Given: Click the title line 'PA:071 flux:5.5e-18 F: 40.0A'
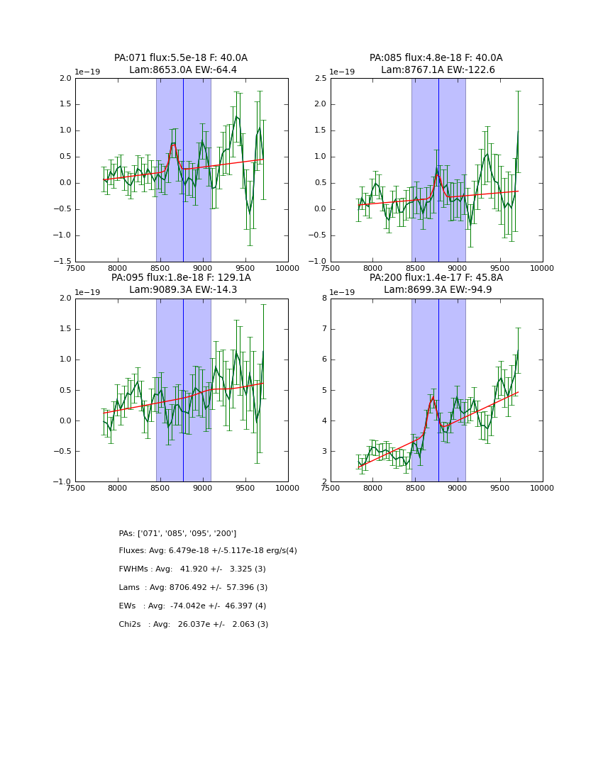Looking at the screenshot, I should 181,58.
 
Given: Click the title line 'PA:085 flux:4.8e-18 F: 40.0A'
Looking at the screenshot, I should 436,58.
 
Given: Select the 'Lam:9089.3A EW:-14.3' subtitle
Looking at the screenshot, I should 181,290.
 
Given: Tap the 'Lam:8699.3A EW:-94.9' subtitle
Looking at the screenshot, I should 436,290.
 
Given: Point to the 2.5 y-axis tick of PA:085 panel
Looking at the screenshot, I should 320,79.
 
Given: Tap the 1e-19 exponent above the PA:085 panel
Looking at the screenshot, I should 343,72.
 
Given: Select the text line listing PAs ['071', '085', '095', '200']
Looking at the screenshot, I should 177,533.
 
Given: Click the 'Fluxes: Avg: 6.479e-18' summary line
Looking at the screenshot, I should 208,551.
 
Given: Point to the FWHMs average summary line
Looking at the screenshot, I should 192,569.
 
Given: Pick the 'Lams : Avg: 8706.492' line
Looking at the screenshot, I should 193,588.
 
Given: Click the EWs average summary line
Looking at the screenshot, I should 192,606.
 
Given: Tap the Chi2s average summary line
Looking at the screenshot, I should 193,625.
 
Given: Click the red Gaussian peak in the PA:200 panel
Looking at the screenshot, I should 432,398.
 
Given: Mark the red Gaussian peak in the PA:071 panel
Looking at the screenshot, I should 173,144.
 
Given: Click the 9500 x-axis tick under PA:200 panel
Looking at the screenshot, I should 500,487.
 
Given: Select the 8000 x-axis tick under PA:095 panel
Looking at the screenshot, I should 118,487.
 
